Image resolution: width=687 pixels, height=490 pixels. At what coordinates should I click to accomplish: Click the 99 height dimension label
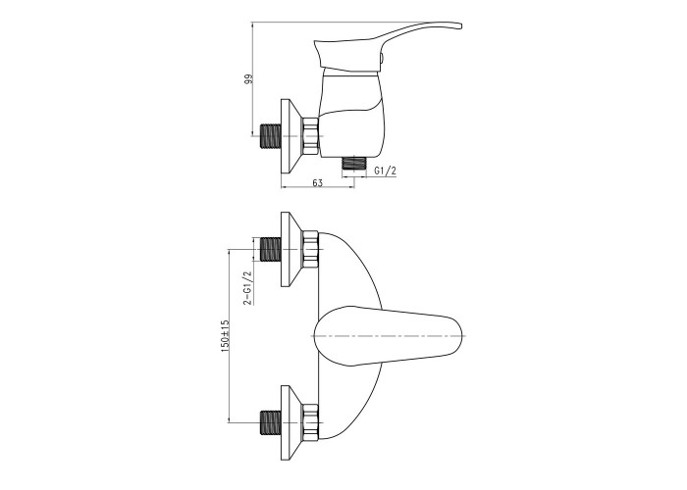[249, 80]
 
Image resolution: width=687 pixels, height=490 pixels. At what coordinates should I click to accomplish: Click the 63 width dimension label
[317, 182]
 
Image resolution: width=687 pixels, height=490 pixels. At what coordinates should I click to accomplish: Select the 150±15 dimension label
[225, 336]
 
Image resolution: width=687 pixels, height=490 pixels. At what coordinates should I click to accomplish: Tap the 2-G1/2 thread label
[248, 287]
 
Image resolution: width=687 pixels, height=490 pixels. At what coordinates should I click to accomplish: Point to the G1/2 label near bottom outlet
[386, 171]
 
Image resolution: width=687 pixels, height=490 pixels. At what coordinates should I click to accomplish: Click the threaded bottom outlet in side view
[353, 164]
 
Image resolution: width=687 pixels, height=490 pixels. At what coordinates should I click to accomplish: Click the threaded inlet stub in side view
[271, 136]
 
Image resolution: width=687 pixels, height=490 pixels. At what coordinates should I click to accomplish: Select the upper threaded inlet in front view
[271, 249]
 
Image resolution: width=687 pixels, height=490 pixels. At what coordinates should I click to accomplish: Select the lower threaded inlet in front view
[271, 422]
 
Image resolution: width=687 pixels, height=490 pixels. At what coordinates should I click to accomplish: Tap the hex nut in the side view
[310, 136]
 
